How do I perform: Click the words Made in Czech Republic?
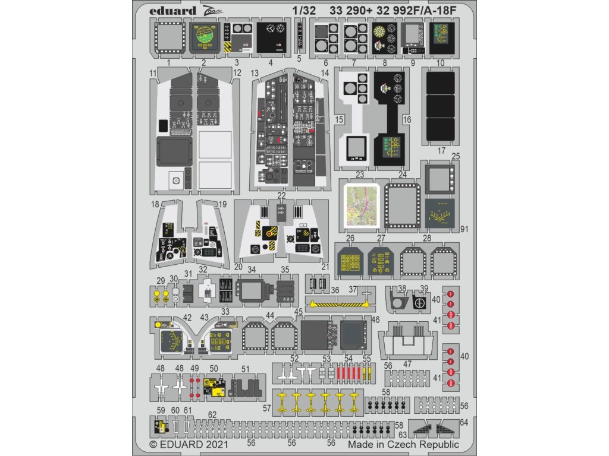click(x=404, y=444)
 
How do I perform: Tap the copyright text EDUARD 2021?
click(x=186, y=444)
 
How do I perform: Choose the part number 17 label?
click(x=441, y=151)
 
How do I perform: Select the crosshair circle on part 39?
click(x=420, y=303)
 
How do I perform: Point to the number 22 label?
click(x=281, y=196)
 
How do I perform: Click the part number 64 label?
click(x=464, y=423)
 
